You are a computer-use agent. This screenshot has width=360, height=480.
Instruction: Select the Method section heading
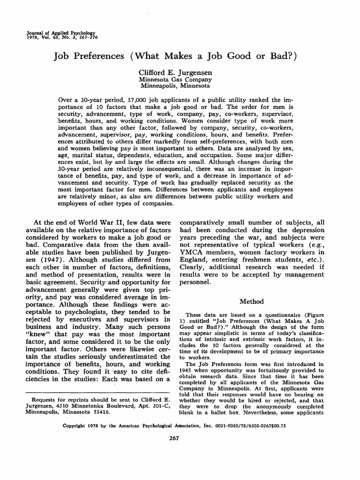(x=252, y=301)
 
